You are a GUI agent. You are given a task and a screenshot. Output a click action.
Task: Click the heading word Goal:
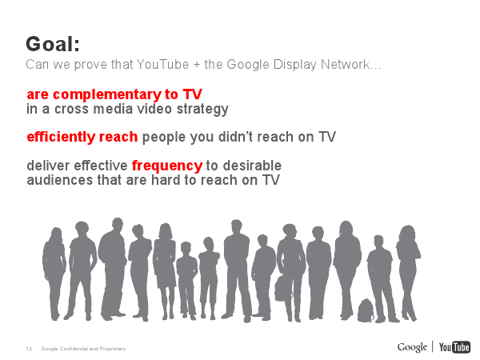point(53,44)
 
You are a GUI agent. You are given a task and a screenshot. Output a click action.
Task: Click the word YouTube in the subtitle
point(162,65)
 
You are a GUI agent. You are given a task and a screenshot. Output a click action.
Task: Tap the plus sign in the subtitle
point(197,65)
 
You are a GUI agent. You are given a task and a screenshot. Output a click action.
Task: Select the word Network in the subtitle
point(345,65)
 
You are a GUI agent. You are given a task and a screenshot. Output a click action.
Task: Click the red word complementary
point(107,95)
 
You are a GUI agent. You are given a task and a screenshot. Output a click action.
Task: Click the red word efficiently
point(61,137)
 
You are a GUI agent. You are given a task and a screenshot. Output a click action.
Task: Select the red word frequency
point(167,166)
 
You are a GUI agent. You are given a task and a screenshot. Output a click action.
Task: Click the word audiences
point(60,180)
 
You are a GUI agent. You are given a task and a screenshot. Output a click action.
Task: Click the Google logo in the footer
point(412,347)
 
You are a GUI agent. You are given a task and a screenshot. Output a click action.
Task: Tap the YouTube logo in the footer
point(454,347)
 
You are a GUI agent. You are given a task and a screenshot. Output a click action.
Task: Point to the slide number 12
point(29,349)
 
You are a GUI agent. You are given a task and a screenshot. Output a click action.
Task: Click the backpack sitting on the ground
point(366,310)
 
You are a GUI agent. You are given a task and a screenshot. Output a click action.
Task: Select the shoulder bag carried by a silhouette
point(282,288)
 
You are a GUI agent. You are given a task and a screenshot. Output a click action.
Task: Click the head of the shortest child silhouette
point(186,247)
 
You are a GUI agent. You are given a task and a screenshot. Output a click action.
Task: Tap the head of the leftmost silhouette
point(56,234)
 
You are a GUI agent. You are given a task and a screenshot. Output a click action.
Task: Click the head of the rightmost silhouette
point(408,234)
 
